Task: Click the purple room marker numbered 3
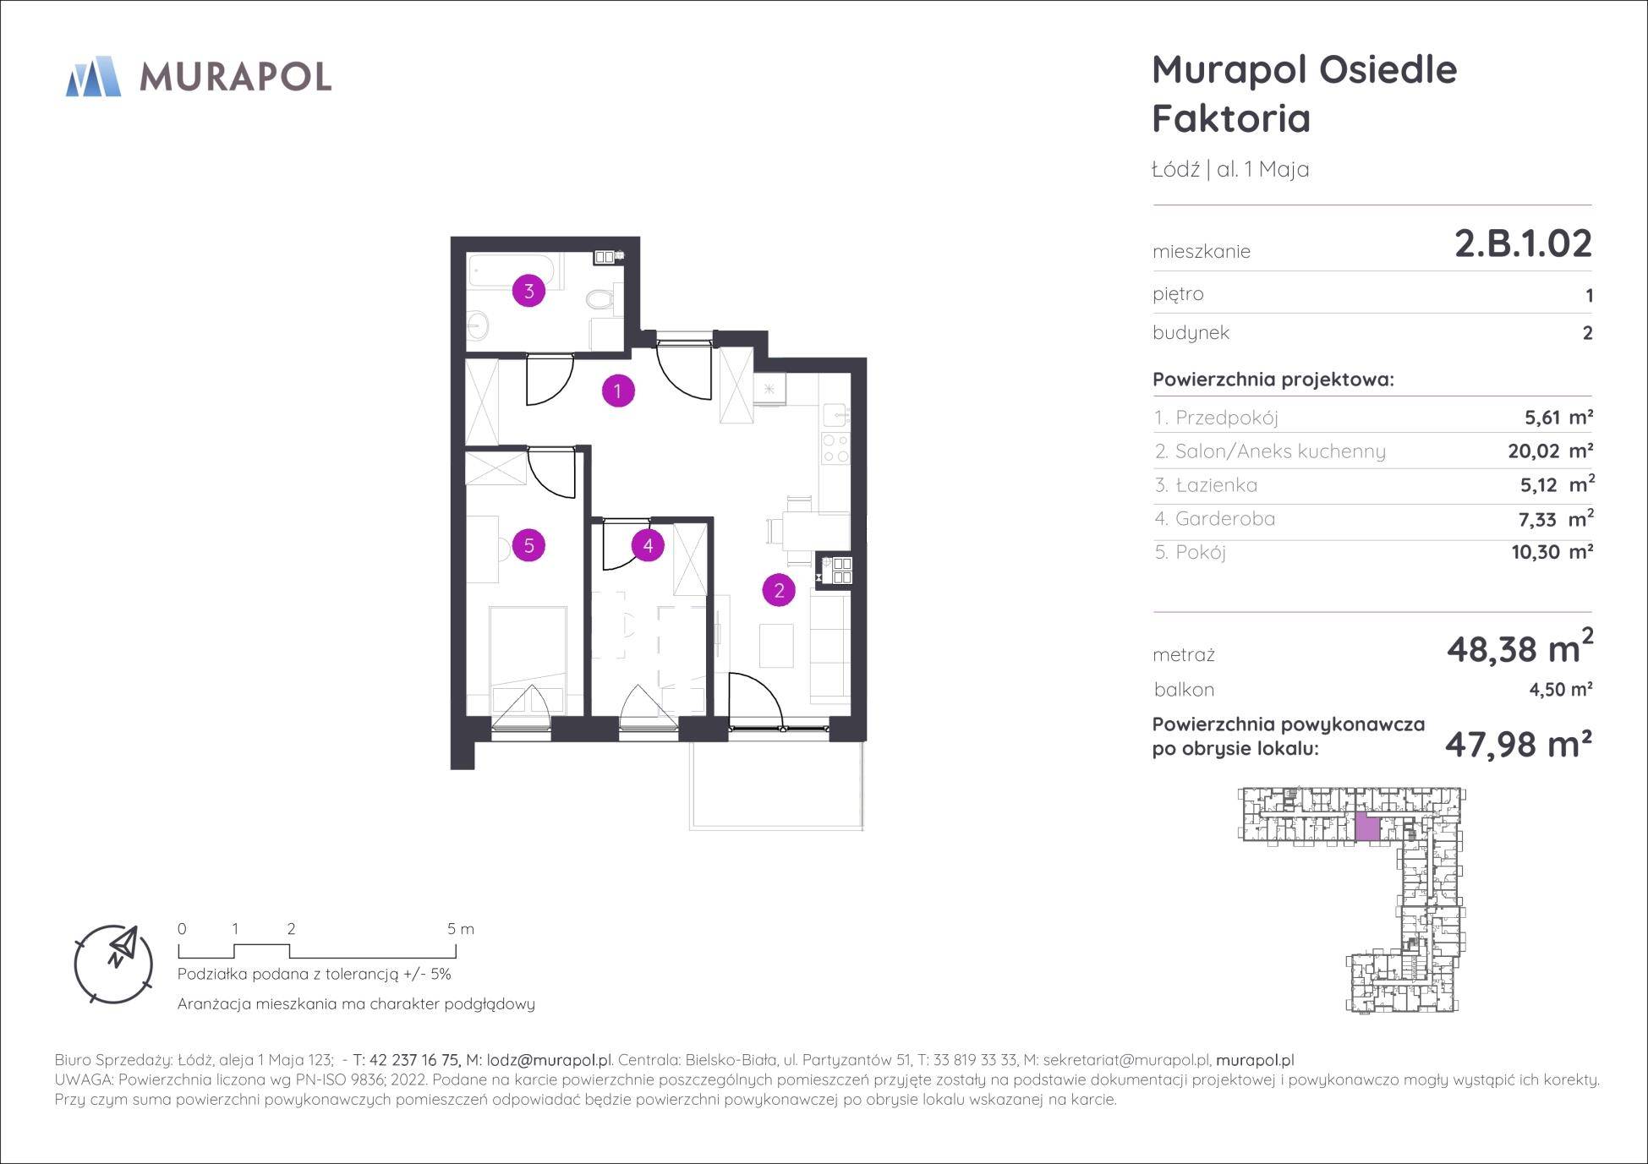[529, 292]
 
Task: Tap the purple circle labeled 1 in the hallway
[618, 391]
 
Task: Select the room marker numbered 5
[529, 545]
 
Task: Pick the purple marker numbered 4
[648, 545]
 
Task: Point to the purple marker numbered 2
[779, 590]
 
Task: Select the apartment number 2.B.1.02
[1523, 243]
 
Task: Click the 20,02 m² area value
[1551, 451]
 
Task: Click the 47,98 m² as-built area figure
[1519, 744]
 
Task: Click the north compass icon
[114, 965]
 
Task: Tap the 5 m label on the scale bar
[461, 929]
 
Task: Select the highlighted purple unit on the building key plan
[1368, 827]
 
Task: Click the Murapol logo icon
[93, 76]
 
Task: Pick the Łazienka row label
[1207, 484]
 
